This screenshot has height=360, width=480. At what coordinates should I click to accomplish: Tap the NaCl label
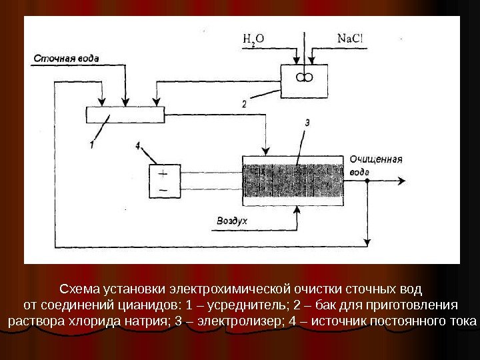tap(350, 37)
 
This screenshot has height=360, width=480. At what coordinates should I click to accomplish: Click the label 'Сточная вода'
tap(65, 58)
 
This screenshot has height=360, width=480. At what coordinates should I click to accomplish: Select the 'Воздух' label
tap(232, 219)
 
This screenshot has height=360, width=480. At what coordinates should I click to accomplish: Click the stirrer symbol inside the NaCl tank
tap(303, 77)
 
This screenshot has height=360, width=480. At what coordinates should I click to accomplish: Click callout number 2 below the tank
tap(245, 104)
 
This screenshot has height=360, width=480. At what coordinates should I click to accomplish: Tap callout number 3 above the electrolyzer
tap(307, 123)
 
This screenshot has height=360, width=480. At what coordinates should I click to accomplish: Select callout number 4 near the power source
tap(137, 145)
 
